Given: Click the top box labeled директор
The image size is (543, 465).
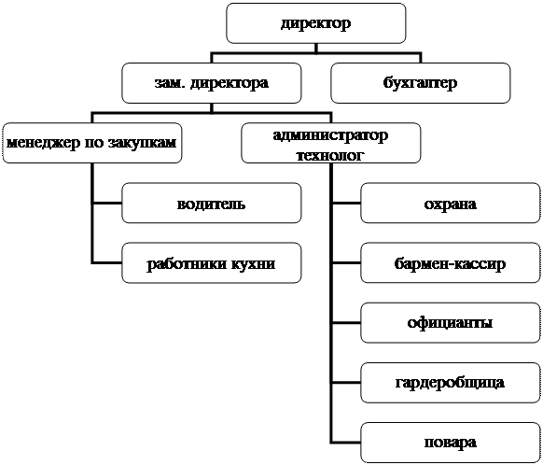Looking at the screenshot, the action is (316, 23).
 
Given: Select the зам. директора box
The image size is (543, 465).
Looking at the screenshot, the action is (212, 83).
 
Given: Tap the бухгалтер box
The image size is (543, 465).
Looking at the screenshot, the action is (421, 83).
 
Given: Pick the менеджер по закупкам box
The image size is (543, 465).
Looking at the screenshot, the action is (92, 143).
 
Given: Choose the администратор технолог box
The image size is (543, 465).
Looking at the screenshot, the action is (331, 143).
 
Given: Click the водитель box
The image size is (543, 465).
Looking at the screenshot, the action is (212, 203).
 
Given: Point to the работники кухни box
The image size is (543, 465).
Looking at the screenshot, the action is (212, 263).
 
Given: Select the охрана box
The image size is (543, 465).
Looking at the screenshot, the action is (451, 203).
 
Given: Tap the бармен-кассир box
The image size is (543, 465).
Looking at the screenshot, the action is (451, 263).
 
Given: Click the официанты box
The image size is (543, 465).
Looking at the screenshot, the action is (451, 323).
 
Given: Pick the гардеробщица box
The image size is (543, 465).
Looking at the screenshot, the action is (451, 383).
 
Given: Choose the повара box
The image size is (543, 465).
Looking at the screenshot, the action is (451, 443).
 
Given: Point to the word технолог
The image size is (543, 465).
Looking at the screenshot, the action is (330, 156).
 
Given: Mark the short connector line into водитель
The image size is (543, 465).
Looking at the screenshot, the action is (107, 203).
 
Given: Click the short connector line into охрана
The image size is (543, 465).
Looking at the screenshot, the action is (346, 203).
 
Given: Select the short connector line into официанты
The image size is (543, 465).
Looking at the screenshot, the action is (346, 323).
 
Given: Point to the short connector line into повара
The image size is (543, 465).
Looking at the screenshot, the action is (346, 443).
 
